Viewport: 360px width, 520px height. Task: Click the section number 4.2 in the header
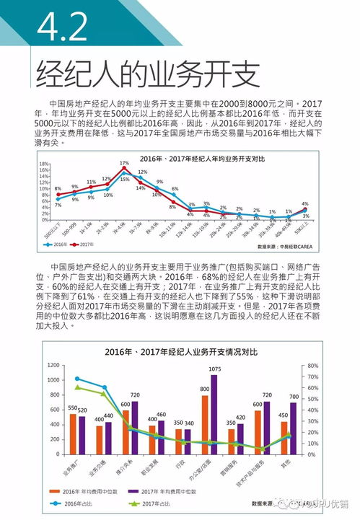click(63, 28)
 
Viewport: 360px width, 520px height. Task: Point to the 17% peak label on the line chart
click(124, 163)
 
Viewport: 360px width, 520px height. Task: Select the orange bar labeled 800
click(205, 424)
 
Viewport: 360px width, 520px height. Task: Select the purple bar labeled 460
click(161, 436)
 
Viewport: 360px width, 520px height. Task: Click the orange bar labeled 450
click(284, 437)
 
